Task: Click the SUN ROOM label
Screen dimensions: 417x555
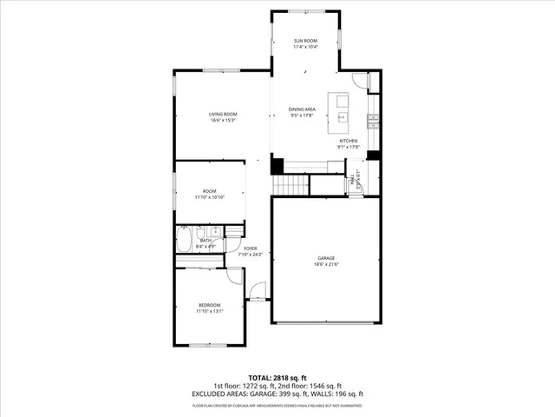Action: pyautogui.click(x=304, y=41)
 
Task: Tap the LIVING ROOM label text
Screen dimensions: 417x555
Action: pyautogui.click(x=222, y=114)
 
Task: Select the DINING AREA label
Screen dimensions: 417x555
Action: pyautogui.click(x=302, y=109)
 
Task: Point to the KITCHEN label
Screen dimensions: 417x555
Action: pyautogui.click(x=349, y=141)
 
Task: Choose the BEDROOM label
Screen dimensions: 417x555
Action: pyautogui.click(x=210, y=305)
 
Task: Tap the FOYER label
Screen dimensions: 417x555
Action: pyautogui.click(x=250, y=248)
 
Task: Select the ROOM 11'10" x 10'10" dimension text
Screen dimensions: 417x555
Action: pyautogui.click(x=210, y=197)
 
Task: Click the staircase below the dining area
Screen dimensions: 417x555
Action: pyautogui.click(x=291, y=185)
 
